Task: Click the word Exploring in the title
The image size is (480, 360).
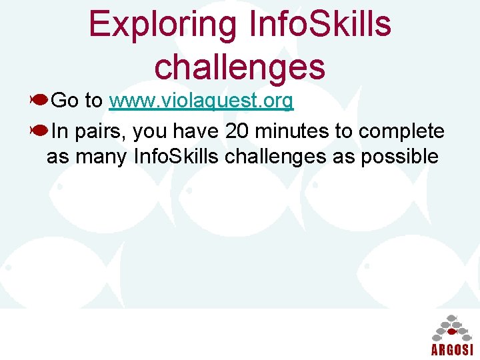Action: click(162, 24)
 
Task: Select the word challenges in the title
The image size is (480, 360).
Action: click(239, 66)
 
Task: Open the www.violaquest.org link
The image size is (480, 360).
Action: click(201, 101)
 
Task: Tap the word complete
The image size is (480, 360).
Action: click(401, 131)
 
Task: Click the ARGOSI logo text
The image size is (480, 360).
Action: click(451, 350)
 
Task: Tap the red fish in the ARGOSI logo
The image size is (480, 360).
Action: click(451, 331)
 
